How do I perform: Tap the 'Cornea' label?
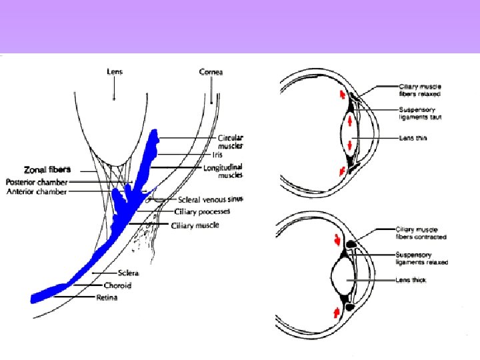pyautogui.click(x=211, y=71)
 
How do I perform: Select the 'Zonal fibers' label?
pyautogui.click(x=47, y=169)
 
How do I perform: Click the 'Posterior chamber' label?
pyautogui.click(x=37, y=181)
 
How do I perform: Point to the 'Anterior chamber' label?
pyautogui.click(x=37, y=192)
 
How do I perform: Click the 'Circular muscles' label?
pyautogui.click(x=231, y=141)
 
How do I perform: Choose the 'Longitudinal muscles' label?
pyautogui.click(x=231, y=171)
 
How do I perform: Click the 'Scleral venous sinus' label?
pyautogui.click(x=211, y=199)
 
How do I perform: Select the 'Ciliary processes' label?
pyautogui.click(x=202, y=211)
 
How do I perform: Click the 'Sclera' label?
pyautogui.click(x=127, y=273)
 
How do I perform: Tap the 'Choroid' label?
pyautogui.click(x=117, y=285)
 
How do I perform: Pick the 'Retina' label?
pyautogui.click(x=107, y=297)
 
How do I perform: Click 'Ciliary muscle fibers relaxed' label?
pyautogui.click(x=420, y=90)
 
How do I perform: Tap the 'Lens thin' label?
pyautogui.click(x=413, y=138)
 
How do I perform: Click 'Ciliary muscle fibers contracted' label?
pyautogui.click(x=421, y=233)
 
